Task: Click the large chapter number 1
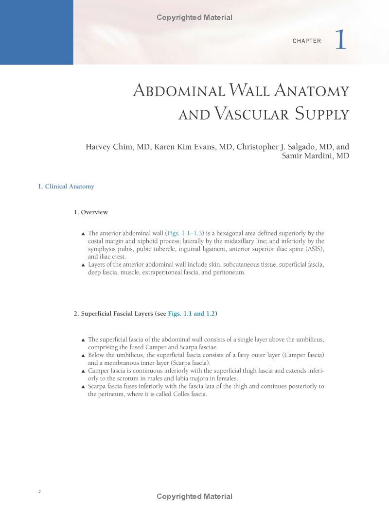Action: pos(341,40)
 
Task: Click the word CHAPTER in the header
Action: pos(307,41)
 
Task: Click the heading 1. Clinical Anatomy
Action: pos(66,187)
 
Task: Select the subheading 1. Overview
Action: pos(91,212)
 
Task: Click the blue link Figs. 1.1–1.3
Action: pos(185,234)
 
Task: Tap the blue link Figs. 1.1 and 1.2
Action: pos(192,314)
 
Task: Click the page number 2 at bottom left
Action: pos(39,491)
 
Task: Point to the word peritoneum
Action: pos(229,273)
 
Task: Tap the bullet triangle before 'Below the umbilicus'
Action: pos(83,356)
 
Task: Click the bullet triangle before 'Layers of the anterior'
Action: pos(83,265)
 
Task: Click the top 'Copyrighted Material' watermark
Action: pos(194,17)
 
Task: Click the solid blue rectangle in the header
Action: pos(36,32)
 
